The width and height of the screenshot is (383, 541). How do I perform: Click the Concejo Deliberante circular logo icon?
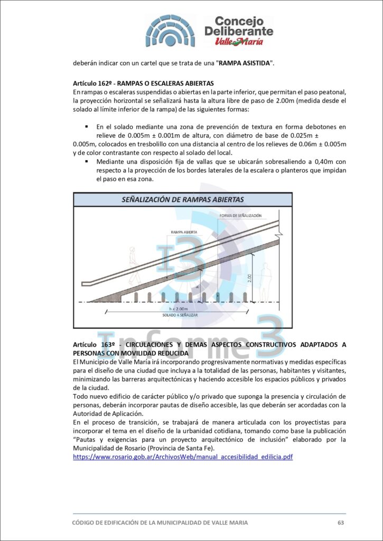tap(170, 31)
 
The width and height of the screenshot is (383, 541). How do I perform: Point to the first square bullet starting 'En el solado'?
tap(86, 127)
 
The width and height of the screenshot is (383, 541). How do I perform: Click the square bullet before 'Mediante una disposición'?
tap(86, 161)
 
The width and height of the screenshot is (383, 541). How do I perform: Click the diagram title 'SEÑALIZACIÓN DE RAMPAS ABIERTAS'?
tap(183, 200)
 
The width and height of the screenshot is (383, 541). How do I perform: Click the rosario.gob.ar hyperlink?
tap(182, 456)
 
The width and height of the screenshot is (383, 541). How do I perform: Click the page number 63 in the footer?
tap(341, 523)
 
